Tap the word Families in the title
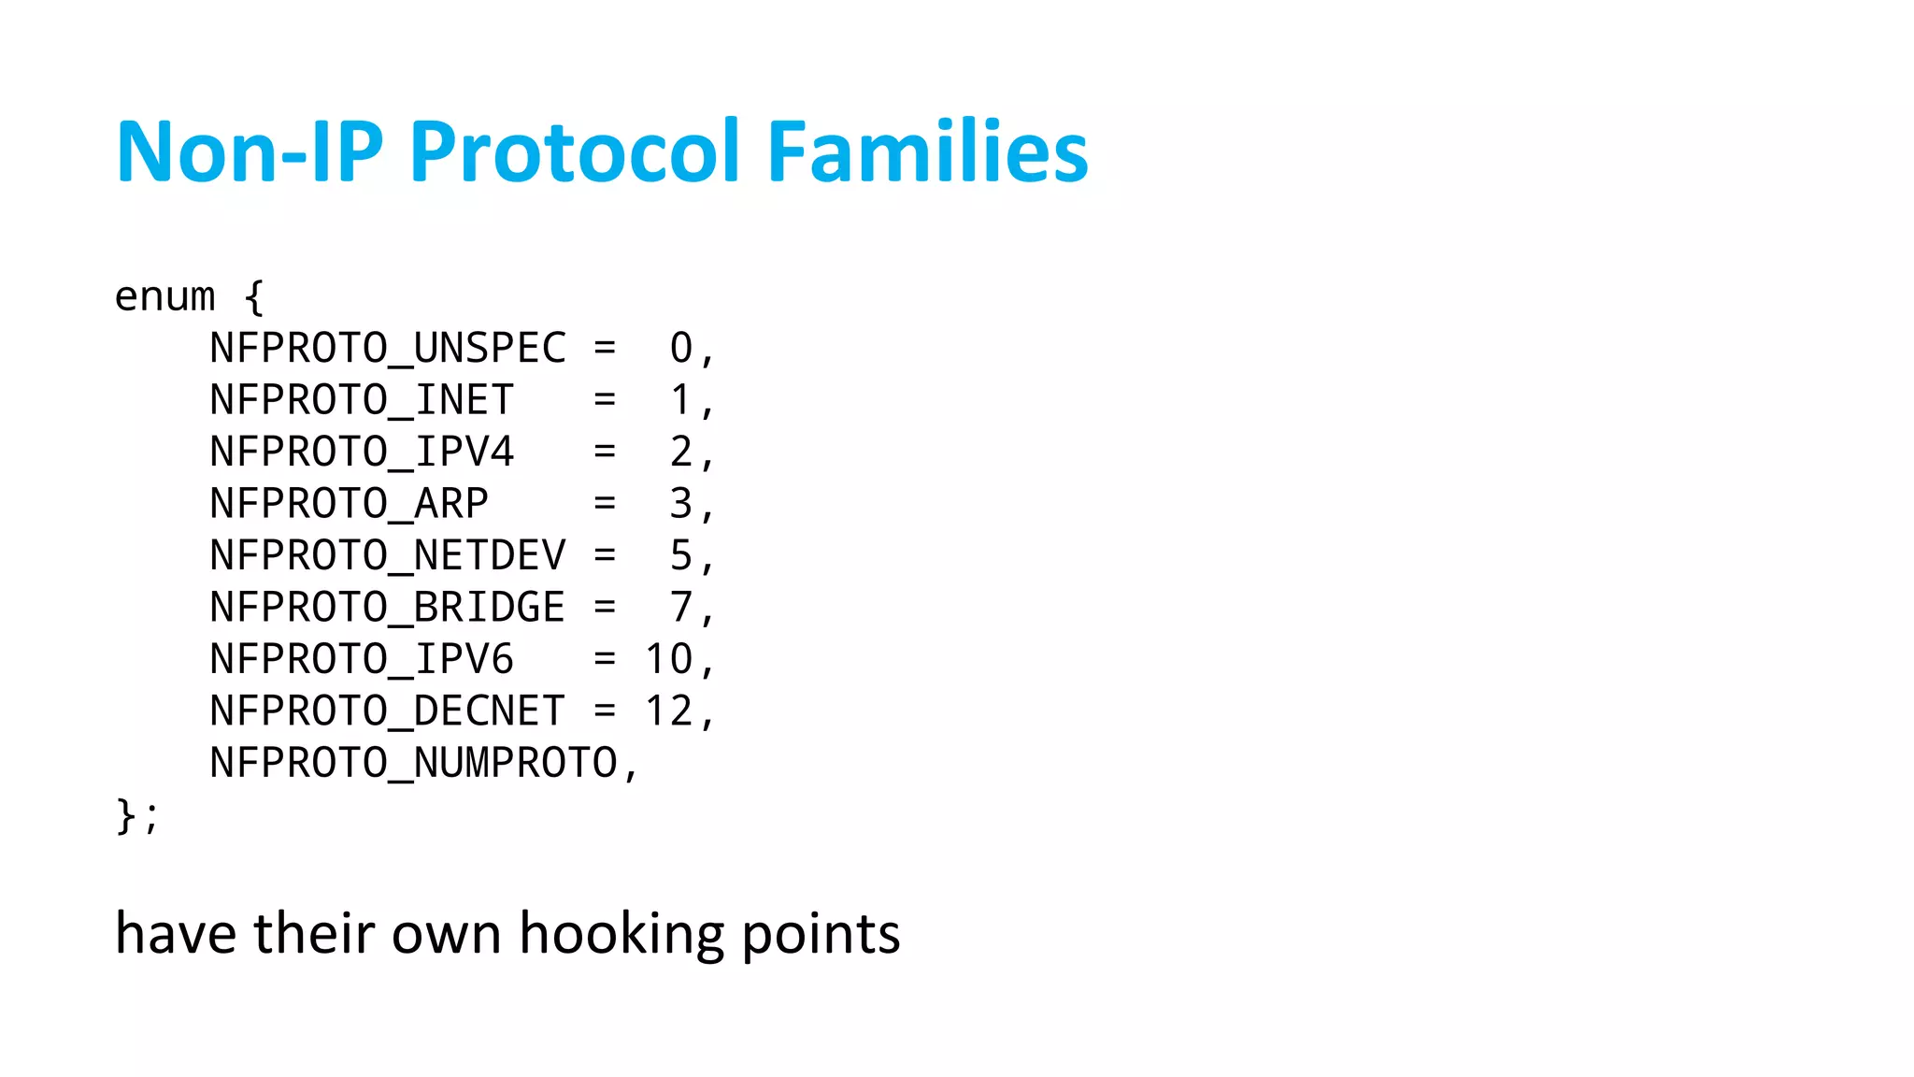927,151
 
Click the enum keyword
164,297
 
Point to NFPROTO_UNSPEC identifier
388,349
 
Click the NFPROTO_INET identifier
362,400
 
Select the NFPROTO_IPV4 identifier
362,452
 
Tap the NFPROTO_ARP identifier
349,504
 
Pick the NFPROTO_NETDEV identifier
388,556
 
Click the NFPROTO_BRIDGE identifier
388,608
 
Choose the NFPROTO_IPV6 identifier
362,660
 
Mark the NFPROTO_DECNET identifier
388,711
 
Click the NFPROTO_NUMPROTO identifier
413,764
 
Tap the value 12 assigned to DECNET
669,711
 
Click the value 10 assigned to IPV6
669,660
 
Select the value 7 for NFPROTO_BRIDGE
681,608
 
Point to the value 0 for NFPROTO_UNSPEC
681,349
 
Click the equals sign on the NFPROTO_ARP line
605,504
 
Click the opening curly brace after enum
253,297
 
